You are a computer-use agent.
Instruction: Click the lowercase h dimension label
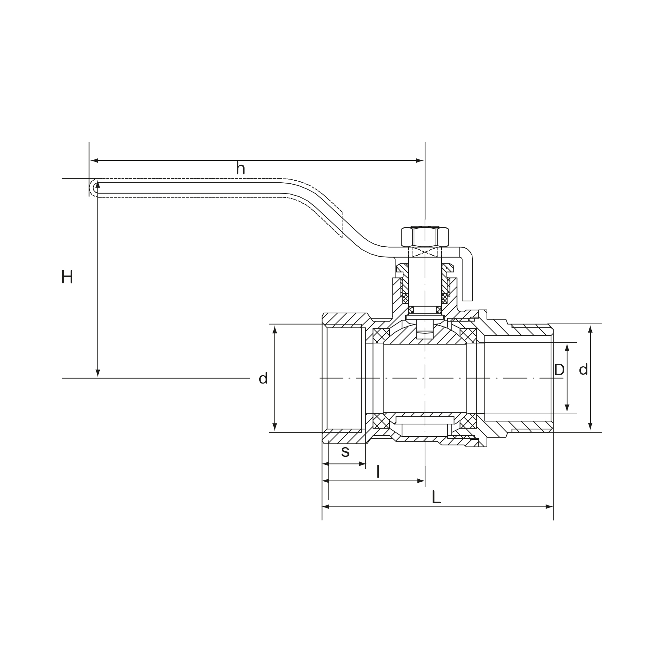[240, 168]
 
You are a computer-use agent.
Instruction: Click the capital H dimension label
[67, 277]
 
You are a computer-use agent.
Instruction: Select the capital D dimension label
[559, 370]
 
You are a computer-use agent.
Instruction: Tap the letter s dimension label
[345, 452]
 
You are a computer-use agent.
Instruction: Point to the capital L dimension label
[436, 497]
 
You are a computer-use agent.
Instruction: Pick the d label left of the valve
[263, 378]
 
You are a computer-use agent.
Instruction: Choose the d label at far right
[583, 369]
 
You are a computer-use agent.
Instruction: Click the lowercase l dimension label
[378, 471]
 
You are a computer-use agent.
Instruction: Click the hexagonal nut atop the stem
[425, 237]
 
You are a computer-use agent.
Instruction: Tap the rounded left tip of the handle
[92, 188]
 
